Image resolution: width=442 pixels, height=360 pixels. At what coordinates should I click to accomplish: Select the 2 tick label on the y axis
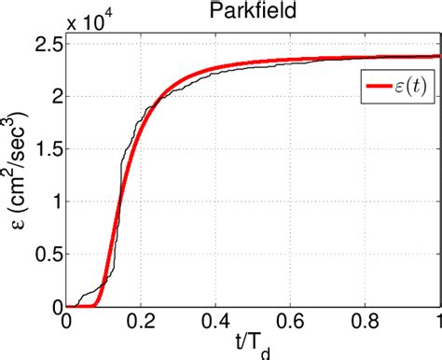coord(54,96)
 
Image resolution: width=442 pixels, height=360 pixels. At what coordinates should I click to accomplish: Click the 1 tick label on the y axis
coord(54,201)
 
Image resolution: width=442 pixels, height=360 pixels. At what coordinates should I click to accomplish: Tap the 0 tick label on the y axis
coord(54,306)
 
